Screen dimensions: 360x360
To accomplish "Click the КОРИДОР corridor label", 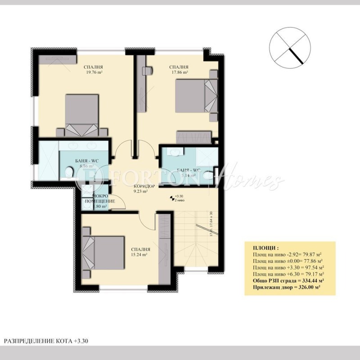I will (144, 186).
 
